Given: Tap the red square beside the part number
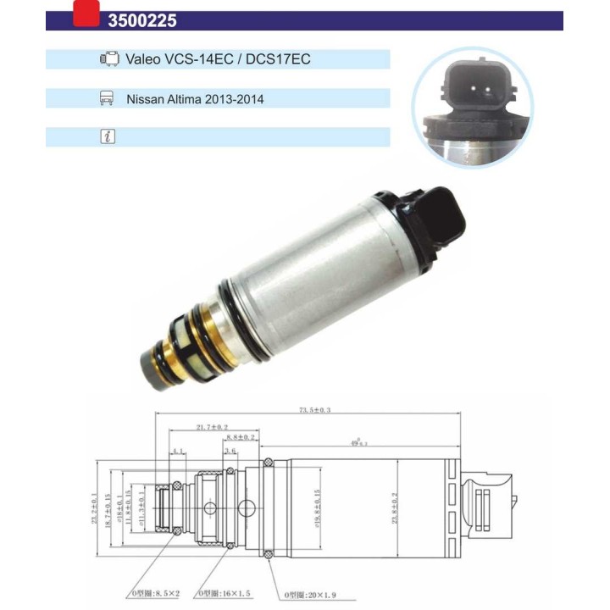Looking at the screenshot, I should (86, 13).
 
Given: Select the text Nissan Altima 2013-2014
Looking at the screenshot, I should (195, 99).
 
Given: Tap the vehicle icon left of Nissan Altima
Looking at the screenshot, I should (108, 98).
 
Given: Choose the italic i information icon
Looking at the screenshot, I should (108, 137).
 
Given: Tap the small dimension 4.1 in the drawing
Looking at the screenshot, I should (178, 452).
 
